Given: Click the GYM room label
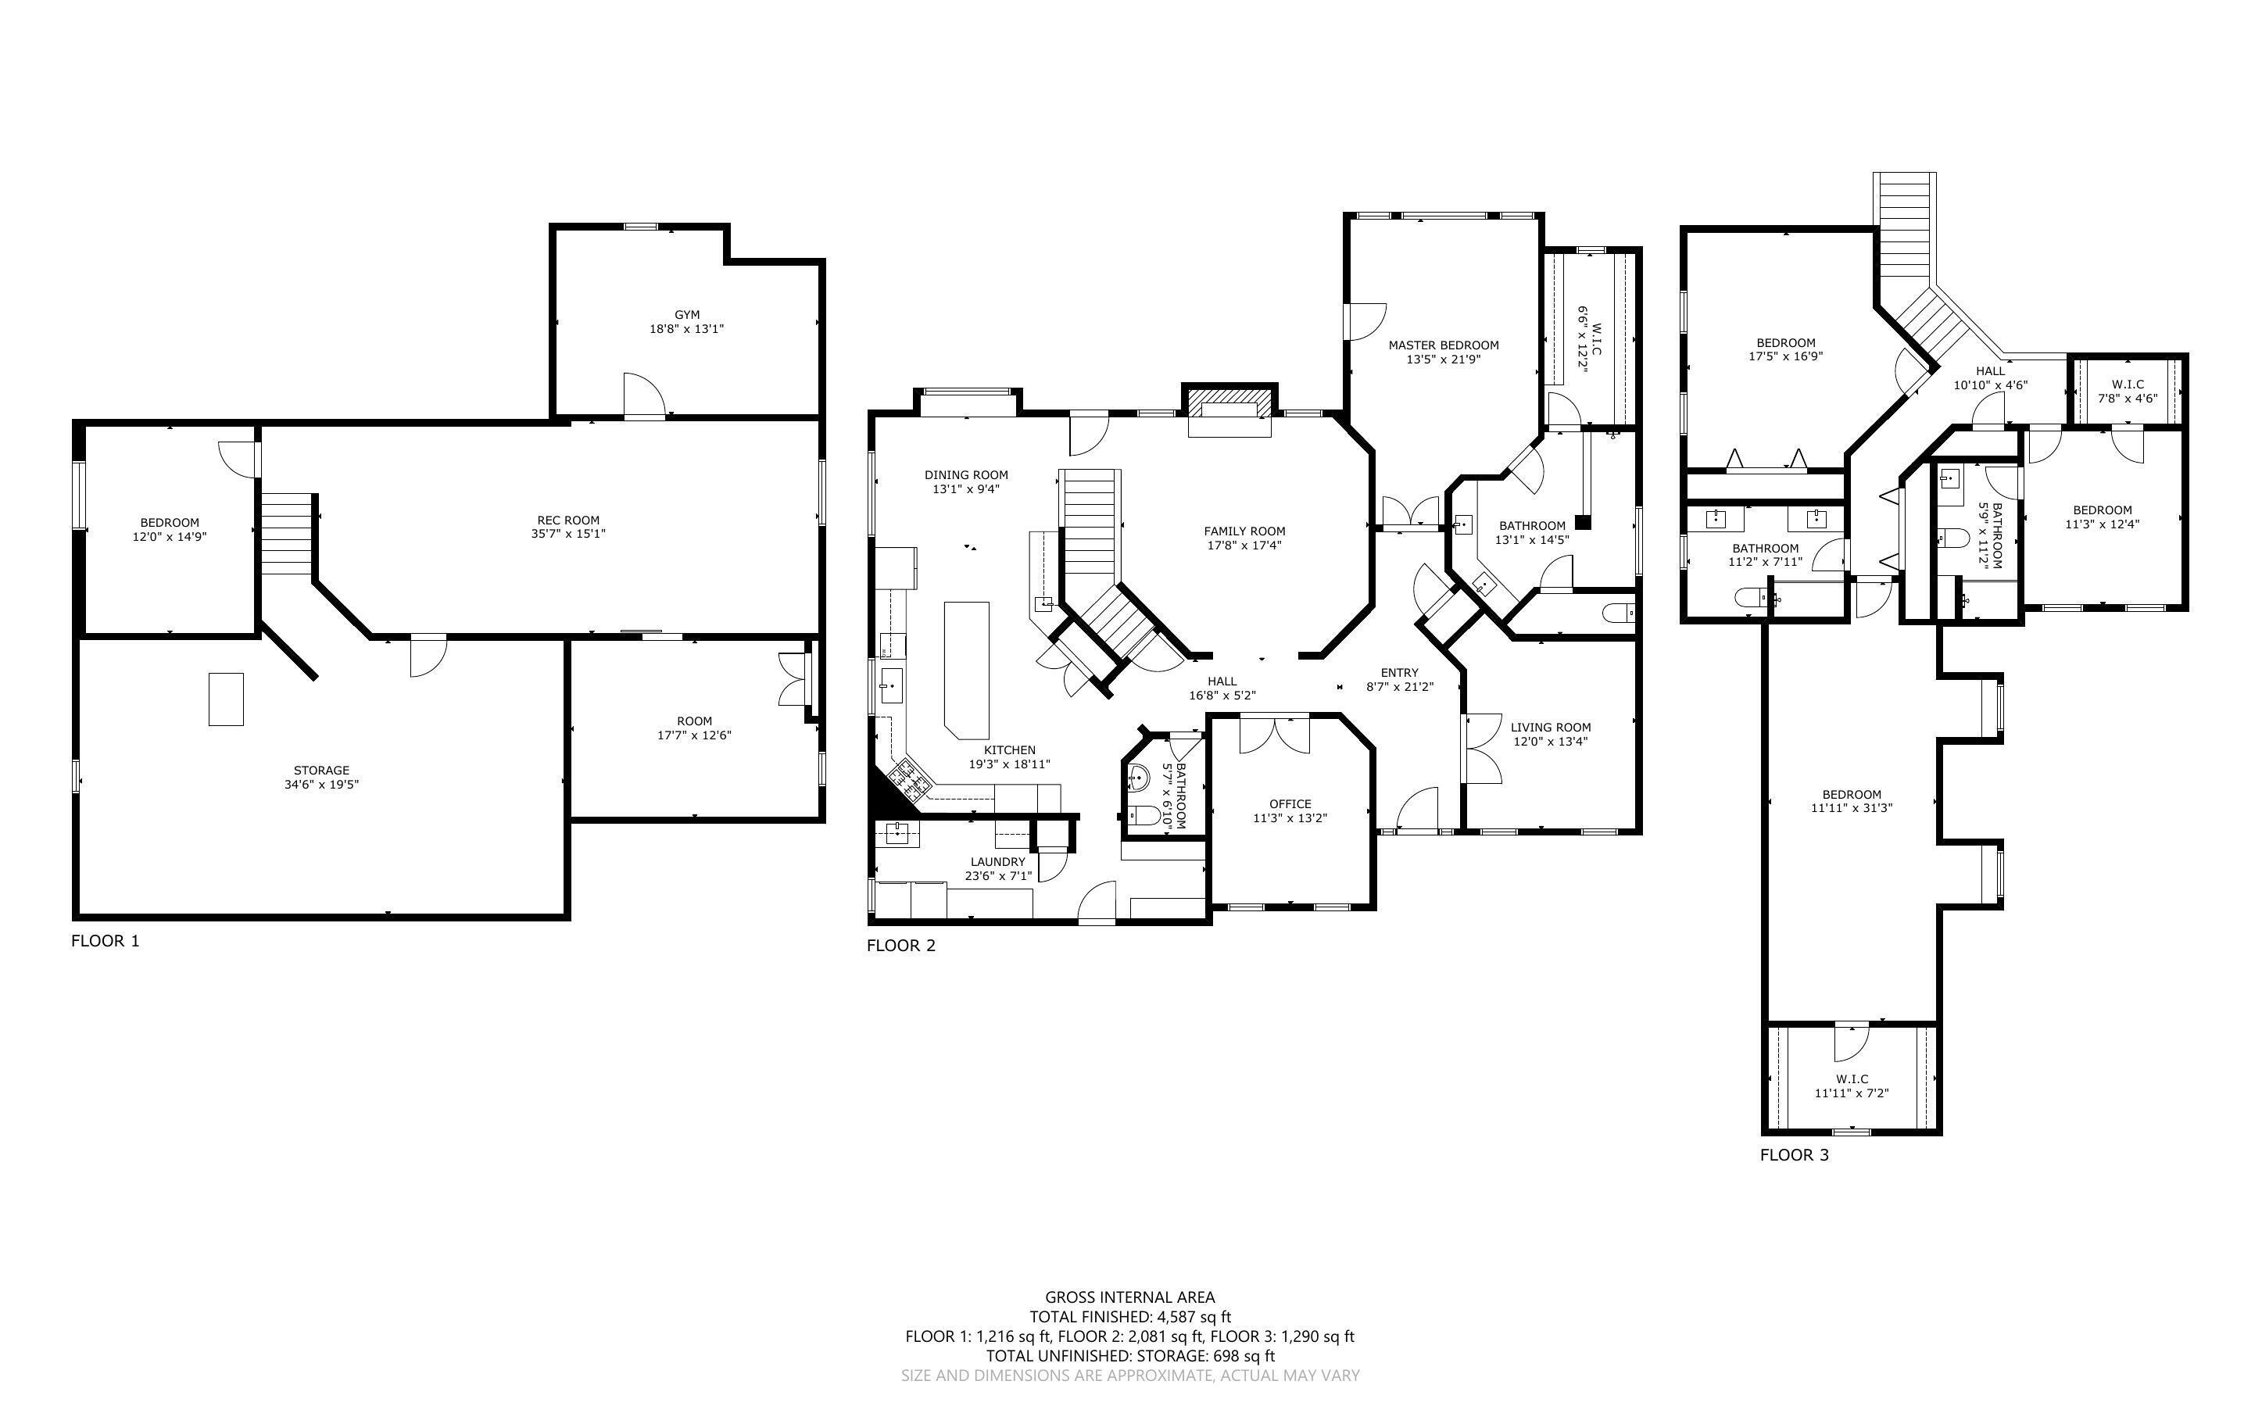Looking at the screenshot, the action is [x=687, y=315].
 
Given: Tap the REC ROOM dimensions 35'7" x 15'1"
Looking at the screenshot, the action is [x=568, y=535].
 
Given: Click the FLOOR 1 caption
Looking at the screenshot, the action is [x=106, y=941].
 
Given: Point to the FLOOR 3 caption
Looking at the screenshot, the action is [x=1795, y=1155].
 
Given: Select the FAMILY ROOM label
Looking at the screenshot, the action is [x=1244, y=531].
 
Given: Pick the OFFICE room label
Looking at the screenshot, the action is [x=1290, y=803].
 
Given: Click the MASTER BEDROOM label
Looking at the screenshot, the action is [x=1444, y=345].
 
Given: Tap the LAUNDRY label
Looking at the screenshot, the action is [x=998, y=861].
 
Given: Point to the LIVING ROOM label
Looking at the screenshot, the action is [x=1551, y=727].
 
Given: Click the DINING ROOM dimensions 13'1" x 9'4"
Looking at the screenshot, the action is [x=966, y=488].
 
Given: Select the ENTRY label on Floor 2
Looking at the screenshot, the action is [x=1400, y=673].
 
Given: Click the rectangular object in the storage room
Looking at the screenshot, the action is [x=226, y=699].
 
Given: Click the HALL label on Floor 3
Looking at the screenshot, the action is [x=1990, y=371].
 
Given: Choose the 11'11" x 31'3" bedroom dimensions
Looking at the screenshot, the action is [x=1852, y=808].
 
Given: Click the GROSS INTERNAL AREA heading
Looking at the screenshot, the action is [x=1129, y=1297].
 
